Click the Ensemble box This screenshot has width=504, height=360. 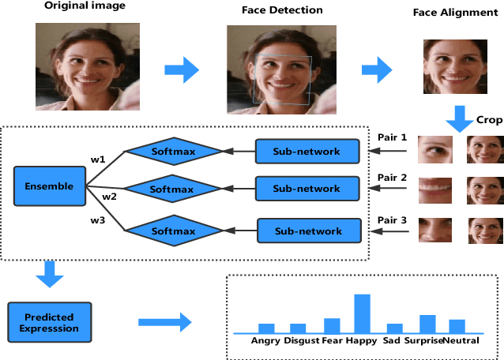click(x=48, y=187)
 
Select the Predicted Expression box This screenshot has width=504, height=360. click(x=48, y=322)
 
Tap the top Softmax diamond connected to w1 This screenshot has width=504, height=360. click(x=172, y=148)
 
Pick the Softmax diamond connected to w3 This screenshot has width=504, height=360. click(x=172, y=231)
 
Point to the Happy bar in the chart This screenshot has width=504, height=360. click(x=362, y=313)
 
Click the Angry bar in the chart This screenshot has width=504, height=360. click(x=266, y=328)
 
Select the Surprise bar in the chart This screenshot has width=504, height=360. click(x=427, y=324)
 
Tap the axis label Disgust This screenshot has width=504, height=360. click(x=302, y=342)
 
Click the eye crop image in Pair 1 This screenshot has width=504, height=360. click(x=434, y=149)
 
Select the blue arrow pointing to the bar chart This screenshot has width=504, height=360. click(x=164, y=322)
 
